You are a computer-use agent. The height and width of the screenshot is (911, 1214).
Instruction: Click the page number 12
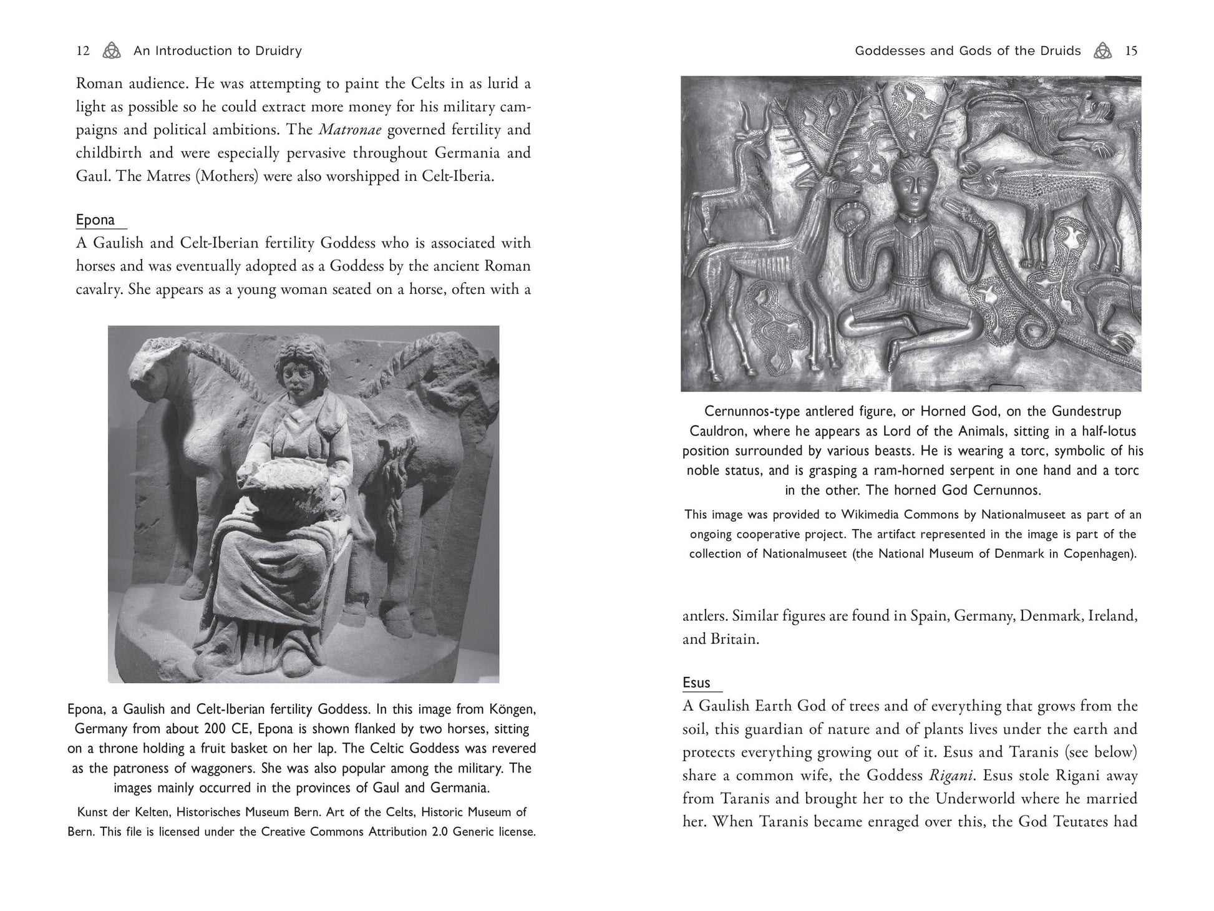83,51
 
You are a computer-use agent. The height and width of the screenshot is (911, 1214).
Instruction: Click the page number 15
1131,51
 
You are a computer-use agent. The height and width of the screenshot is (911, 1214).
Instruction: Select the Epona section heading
95,220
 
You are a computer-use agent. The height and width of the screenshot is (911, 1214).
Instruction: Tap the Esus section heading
696,683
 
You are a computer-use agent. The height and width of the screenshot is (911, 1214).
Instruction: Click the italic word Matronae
346,130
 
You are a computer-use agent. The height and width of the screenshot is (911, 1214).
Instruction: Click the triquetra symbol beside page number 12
112,51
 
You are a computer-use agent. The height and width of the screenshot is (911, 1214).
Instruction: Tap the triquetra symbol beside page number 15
1102,51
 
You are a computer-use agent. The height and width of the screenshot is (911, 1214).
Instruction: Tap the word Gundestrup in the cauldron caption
1086,411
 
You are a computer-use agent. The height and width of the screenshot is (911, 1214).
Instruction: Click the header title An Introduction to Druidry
217,51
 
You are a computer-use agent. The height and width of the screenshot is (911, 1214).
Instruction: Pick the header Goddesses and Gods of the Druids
967,51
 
